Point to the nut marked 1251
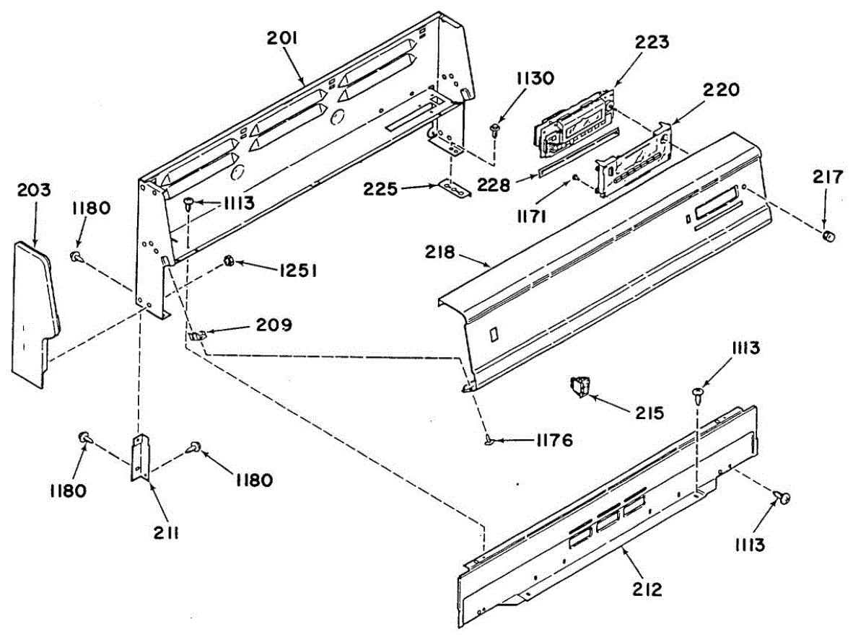point(227,260)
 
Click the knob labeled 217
point(829,236)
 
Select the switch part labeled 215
point(579,387)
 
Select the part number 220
point(722,90)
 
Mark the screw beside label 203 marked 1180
point(75,256)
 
